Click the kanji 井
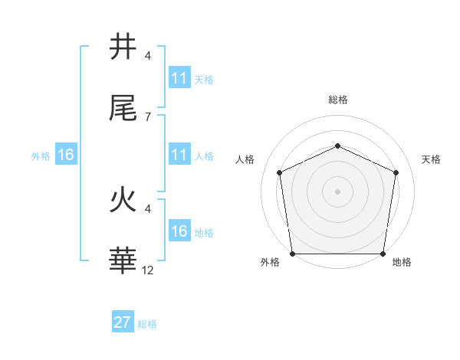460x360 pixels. [x=123, y=48]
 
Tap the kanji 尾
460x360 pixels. [x=123, y=109]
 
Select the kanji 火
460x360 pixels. [x=123, y=201]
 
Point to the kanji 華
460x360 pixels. [x=123, y=261]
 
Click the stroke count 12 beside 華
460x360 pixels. [x=148, y=270]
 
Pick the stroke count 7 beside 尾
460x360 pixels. [x=148, y=116]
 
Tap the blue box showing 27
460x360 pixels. [x=123, y=322]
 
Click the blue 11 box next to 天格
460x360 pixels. [x=179, y=78]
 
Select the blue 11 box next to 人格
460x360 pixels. [x=179, y=155]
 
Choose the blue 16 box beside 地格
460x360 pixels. [x=179, y=231]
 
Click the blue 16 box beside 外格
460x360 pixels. [x=65, y=155]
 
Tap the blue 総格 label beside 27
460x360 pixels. [x=147, y=324]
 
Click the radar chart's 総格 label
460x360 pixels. [x=337, y=100]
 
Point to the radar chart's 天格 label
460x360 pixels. [x=432, y=159]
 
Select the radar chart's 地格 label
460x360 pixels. [x=402, y=263]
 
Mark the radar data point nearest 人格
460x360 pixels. [x=280, y=172]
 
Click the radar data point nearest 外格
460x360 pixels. [x=293, y=253]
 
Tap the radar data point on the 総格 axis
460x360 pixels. [x=337, y=145]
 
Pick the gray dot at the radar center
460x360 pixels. [x=337, y=191]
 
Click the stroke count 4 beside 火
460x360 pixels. [x=148, y=208]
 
